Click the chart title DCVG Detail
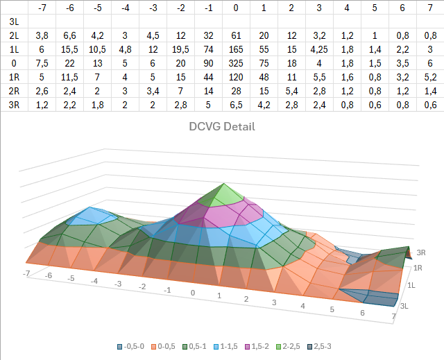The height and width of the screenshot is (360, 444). [x=222, y=126]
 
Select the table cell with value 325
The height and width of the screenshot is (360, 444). [x=236, y=63]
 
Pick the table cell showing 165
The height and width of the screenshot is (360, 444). [x=236, y=49]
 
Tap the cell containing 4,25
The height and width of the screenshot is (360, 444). [x=319, y=49]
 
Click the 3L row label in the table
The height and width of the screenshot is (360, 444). [x=14, y=22]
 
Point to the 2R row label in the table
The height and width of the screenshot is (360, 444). [x=14, y=91]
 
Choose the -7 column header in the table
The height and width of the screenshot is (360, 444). [x=42, y=8]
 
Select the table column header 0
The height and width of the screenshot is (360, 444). [x=236, y=8]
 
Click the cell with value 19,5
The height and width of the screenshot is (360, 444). [x=180, y=49]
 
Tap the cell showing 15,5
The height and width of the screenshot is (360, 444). [x=69, y=49]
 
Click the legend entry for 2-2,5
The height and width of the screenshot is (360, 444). [x=288, y=346]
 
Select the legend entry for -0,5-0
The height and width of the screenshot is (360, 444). [x=131, y=346]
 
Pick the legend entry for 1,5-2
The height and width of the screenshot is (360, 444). [x=257, y=346]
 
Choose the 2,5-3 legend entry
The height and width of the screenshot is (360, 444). [x=319, y=346]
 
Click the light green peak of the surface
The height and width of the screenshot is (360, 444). [x=224, y=196]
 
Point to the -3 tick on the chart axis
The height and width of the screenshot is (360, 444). [x=118, y=283]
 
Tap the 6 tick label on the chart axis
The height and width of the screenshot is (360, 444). [x=362, y=313]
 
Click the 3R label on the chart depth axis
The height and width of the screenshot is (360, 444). [x=421, y=252]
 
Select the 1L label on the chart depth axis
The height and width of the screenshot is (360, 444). [x=411, y=285]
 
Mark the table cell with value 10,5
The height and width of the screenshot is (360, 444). [x=97, y=49]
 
